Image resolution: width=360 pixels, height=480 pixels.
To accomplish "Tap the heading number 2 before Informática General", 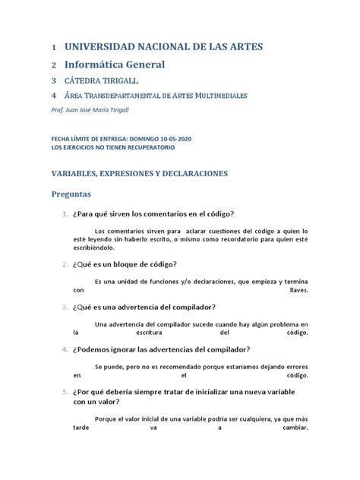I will coord(53,65).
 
